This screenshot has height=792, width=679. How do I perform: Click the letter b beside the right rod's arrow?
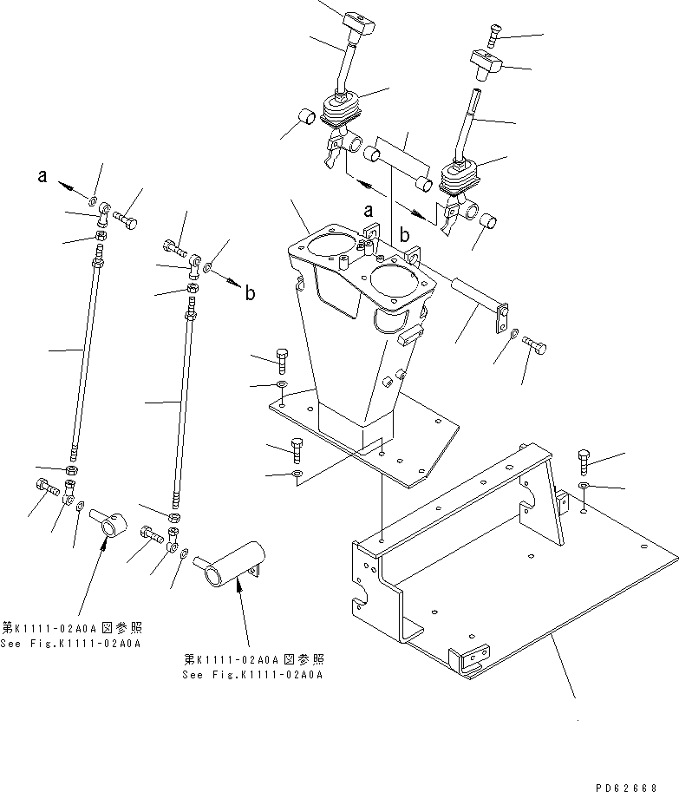pos(249,293)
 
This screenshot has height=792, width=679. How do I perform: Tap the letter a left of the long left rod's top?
pos(42,177)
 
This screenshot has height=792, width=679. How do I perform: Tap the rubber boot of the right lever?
pos(460,181)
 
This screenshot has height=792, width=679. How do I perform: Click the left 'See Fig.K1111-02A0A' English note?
pos(72,643)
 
